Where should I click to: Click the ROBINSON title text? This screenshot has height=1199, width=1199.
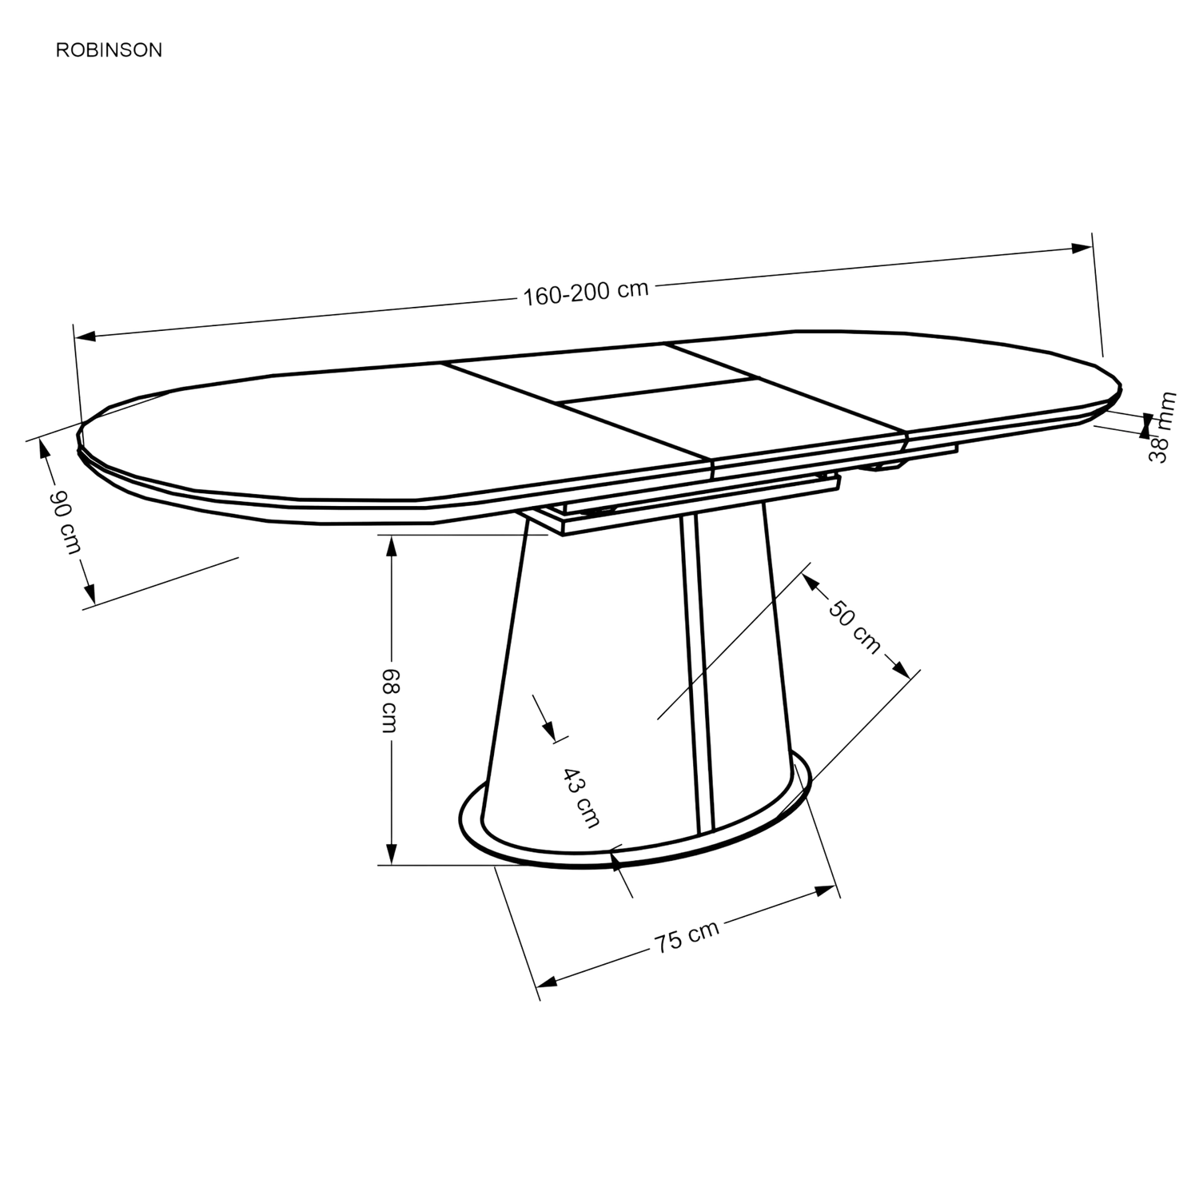[109, 50]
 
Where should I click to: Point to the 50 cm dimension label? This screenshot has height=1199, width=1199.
[854, 626]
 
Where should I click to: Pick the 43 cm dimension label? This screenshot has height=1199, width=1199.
[581, 796]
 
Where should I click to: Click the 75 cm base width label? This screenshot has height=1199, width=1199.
[687, 935]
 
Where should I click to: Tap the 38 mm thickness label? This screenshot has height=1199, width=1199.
[1163, 428]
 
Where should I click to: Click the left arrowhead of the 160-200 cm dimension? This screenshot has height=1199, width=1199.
[85, 336]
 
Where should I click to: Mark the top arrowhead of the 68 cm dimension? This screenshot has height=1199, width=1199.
[391, 546]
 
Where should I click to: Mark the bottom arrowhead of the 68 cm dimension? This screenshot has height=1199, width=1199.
[391, 853]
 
